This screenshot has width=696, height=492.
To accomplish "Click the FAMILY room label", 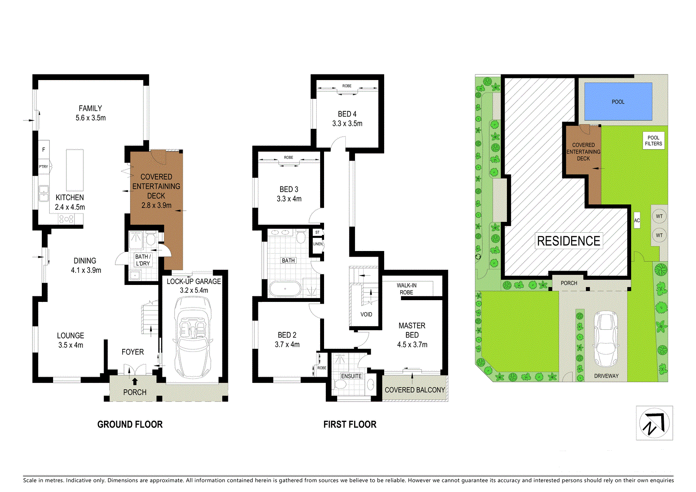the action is [90, 108].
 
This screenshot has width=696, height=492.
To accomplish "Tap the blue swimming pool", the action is [618, 101].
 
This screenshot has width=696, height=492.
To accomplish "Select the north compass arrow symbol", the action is [654, 424].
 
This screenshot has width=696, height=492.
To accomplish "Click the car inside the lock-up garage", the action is [193, 337].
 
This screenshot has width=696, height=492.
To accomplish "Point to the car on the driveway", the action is [606, 339].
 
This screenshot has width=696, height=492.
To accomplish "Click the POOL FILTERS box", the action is [653, 141].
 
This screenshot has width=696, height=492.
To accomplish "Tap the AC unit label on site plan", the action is [637, 221].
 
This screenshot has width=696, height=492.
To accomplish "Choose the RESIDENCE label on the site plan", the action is [569, 241].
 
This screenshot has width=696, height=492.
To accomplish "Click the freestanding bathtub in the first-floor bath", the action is [285, 289].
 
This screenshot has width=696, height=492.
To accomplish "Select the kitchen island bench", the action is [74, 170].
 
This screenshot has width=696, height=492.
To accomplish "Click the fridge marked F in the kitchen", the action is [44, 150].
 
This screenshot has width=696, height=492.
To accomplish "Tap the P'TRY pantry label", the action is [43, 167].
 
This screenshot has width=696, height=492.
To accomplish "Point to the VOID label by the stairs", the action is [366, 314].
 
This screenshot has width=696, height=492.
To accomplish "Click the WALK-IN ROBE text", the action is [406, 289].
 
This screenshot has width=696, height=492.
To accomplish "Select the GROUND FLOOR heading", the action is [130, 424].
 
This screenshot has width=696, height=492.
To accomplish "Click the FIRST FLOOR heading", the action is [350, 424].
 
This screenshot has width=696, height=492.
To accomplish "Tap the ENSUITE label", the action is [351, 376].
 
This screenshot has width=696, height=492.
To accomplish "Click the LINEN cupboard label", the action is [318, 244].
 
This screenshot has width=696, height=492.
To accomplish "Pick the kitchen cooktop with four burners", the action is [66, 219].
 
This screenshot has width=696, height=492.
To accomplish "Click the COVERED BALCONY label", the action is [415, 390].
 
